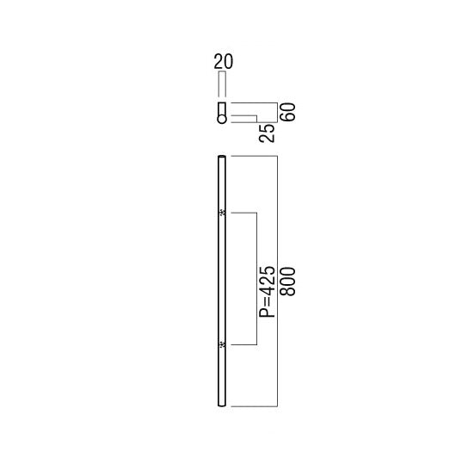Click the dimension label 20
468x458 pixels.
click(224, 61)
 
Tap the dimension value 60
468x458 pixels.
click(288, 112)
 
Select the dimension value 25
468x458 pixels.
click(267, 133)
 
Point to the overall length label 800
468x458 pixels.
click(288, 282)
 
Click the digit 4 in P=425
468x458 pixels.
click(267, 290)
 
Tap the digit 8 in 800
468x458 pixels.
click(288, 291)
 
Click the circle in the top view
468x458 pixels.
click(222, 119)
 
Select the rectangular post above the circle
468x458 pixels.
click(222, 109)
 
